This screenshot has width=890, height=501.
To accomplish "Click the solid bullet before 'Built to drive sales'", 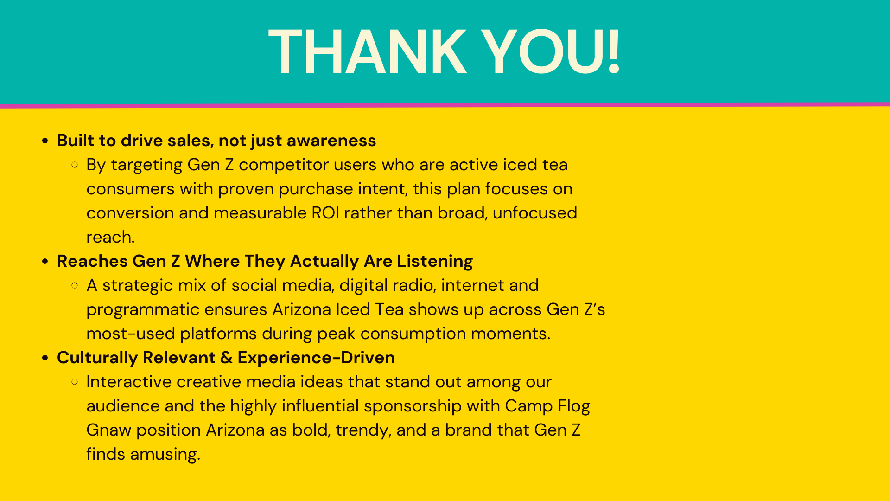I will (45, 141).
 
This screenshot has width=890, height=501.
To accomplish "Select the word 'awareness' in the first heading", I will (331, 141).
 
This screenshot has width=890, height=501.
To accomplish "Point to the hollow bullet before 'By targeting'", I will (75, 165).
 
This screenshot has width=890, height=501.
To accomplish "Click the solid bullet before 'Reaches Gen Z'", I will (45, 262).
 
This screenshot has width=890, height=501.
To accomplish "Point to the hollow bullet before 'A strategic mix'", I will (75, 285).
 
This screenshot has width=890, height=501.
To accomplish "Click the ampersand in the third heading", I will (226, 358).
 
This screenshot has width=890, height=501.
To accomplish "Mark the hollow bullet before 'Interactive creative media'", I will (75, 382).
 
